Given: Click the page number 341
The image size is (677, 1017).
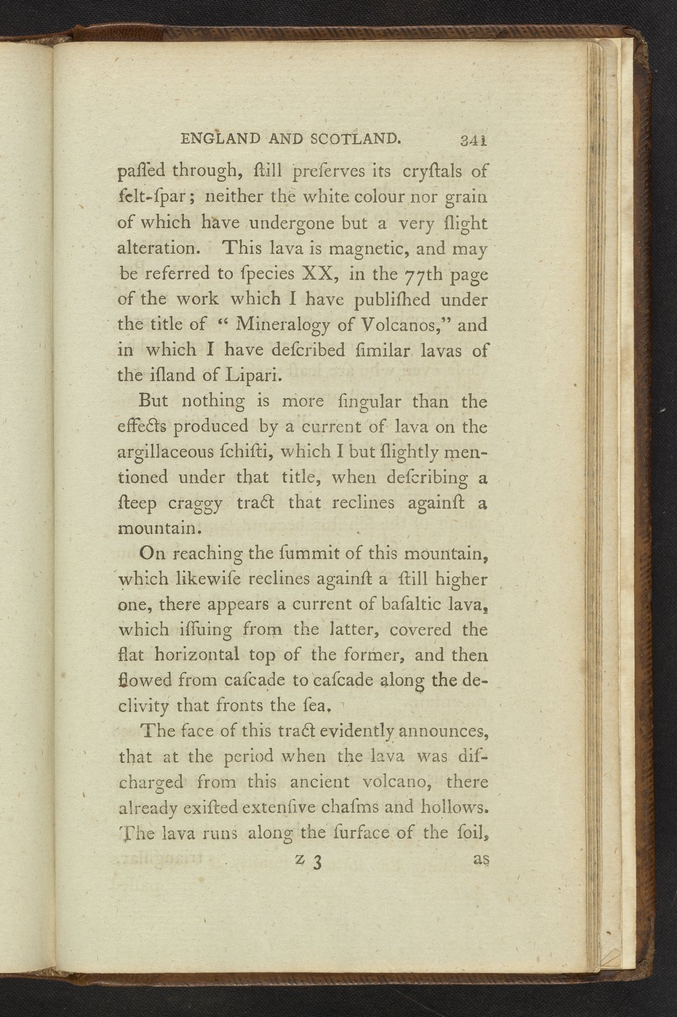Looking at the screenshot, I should pyautogui.click(x=473, y=141).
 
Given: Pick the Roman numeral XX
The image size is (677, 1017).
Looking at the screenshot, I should pyautogui.click(x=321, y=274).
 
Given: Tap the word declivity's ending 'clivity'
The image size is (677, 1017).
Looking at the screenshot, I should pyautogui.click(x=144, y=705).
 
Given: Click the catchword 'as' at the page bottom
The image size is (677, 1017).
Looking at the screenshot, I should pyautogui.click(x=481, y=859).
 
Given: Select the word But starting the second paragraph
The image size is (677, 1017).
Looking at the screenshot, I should pyautogui.click(x=153, y=401).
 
